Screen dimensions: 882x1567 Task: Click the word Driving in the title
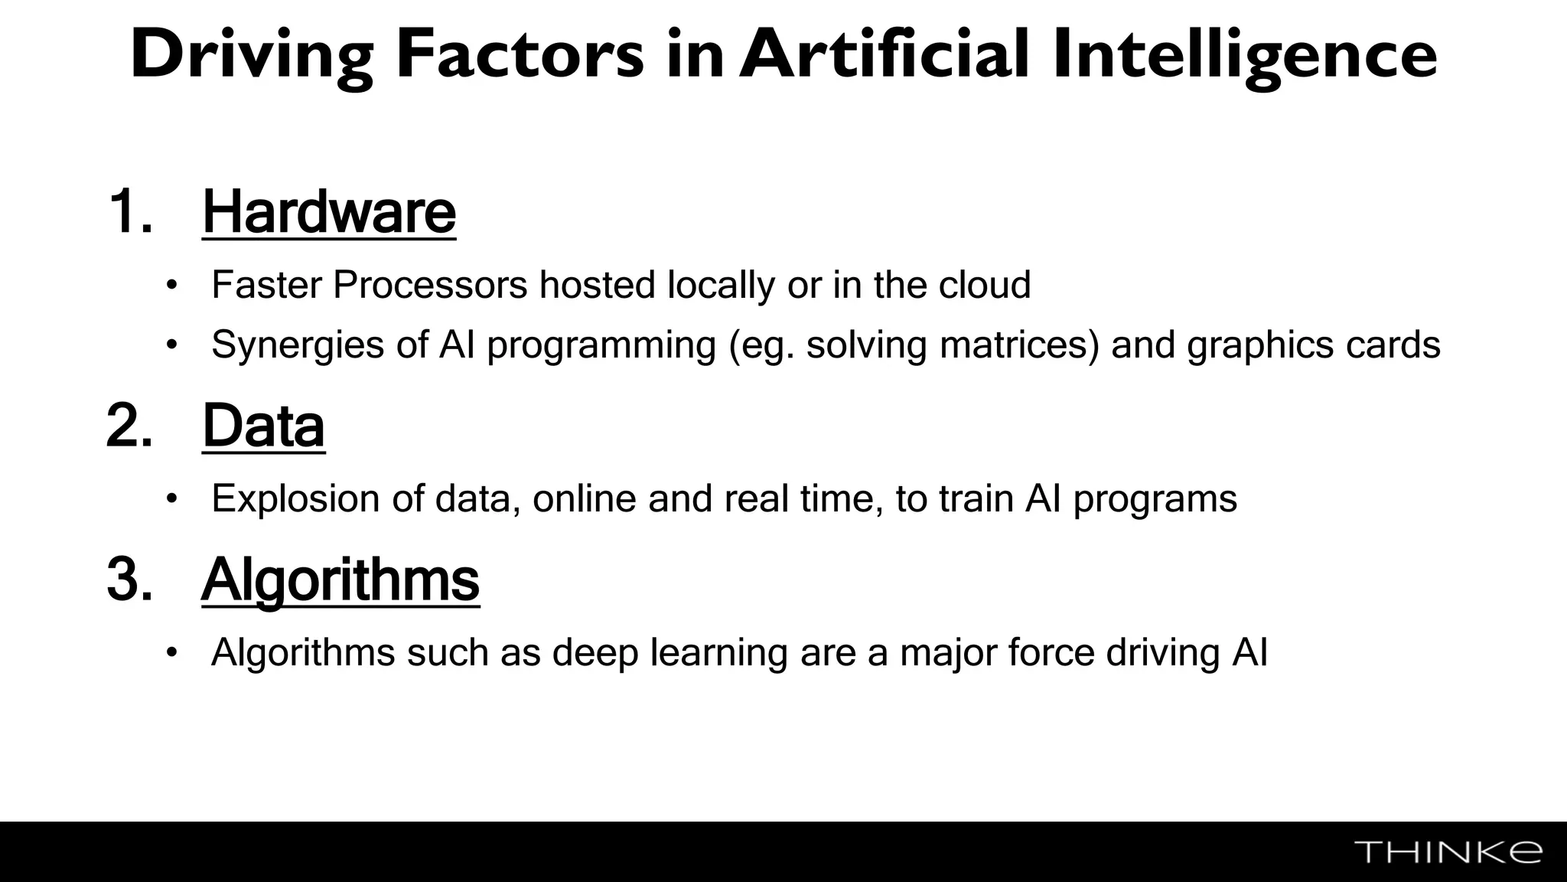252,55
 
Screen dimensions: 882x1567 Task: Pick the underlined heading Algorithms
340,580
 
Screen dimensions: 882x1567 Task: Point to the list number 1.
129,212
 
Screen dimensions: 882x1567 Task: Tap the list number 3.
129,580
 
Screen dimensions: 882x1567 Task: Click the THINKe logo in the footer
1448,852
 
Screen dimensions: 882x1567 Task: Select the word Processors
430,285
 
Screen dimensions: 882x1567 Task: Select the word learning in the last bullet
718,653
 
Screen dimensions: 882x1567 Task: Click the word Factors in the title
520,55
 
